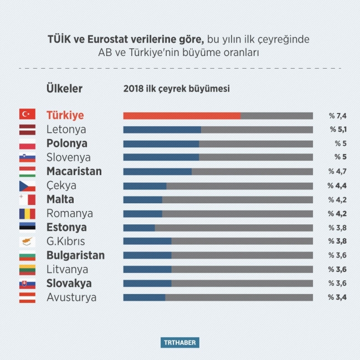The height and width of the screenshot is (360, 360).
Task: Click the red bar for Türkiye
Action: coord(182,116)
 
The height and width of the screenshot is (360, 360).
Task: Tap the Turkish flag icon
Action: coord(27,115)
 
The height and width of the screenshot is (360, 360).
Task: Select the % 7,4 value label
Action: coord(337,116)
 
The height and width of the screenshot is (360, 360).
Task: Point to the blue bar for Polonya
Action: coord(161,143)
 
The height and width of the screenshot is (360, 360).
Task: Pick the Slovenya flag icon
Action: coord(27,157)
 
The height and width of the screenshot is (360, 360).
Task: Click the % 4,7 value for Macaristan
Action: coord(337,172)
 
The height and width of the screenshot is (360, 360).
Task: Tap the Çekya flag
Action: coord(27,186)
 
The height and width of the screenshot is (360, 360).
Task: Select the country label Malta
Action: coord(60,199)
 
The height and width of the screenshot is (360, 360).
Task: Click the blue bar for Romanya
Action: coord(142,213)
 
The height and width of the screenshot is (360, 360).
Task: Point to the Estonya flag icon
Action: coord(27,227)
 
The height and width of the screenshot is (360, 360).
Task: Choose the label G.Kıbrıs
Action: coord(66,241)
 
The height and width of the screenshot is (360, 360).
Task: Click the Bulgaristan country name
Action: coord(75,255)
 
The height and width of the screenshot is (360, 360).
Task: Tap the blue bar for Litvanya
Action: coord(147,269)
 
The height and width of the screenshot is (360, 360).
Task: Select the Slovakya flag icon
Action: coord(27,283)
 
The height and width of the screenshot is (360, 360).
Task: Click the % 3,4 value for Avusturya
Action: coord(337,297)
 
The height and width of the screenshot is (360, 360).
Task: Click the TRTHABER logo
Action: coord(180,342)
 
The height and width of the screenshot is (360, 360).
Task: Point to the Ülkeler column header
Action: coord(64,89)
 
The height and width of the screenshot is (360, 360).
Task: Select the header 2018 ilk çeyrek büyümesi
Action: coord(176,89)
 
